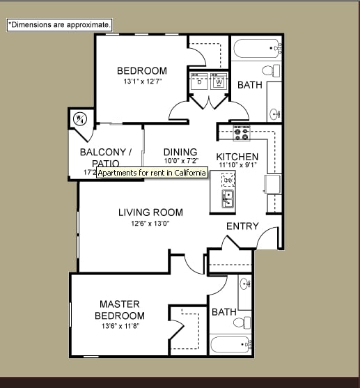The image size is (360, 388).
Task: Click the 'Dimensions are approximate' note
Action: pos(60,24)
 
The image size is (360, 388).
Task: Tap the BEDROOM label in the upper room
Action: pos(141,70)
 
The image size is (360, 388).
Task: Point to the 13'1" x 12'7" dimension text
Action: pos(141,82)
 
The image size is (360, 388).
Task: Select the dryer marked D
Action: pos(199,81)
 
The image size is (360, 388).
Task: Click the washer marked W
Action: pos(219,81)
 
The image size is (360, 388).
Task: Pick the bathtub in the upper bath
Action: pos(257,49)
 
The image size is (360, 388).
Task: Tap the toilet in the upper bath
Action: pos(269,70)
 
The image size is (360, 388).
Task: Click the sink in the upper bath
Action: pos(275,112)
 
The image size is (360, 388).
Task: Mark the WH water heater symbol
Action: pos(79,118)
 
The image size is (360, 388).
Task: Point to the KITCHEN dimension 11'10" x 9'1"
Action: pos(237,166)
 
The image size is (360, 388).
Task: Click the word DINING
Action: pos(180,152)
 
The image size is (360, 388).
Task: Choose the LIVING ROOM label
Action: pos(150,212)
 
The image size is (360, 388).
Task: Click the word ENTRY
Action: pos(242,226)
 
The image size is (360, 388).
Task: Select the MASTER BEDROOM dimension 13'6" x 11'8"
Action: pos(119,326)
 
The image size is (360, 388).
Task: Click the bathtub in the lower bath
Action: pos(230,345)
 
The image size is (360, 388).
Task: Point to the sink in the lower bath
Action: pos(245,285)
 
